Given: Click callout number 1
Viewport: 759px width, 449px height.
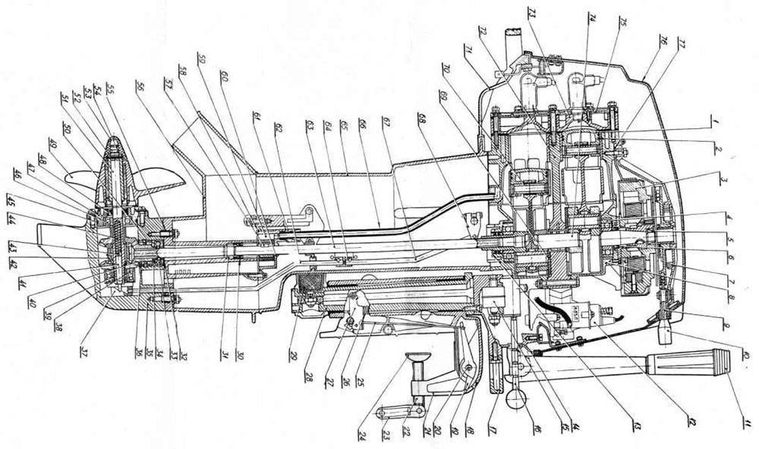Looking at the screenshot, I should pyautogui.click(x=713, y=120).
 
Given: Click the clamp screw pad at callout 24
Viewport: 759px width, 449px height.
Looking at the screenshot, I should pyautogui.click(x=414, y=359).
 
